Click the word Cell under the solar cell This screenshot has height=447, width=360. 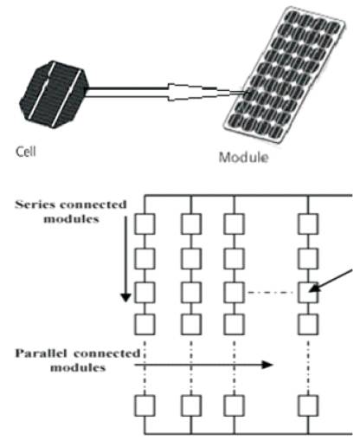point(26,152)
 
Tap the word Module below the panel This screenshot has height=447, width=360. point(244,158)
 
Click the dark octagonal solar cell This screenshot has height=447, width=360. point(54,94)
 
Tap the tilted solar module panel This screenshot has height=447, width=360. point(284,74)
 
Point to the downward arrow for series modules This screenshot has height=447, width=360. point(125,259)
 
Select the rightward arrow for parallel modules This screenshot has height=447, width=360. point(203,365)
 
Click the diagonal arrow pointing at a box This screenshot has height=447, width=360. point(331,281)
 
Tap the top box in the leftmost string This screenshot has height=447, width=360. point(145,224)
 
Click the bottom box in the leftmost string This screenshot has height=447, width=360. point(145,405)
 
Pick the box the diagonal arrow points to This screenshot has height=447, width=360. point(308,292)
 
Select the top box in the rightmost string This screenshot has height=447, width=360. point(308,224)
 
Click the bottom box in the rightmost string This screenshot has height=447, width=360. point(308,405)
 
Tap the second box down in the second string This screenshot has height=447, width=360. point(191,258)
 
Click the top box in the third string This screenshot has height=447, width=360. point(234,224)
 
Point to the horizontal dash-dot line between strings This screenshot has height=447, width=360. point(271,293)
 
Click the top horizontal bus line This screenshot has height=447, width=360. point(248,196)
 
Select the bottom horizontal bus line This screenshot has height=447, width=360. point(248,434)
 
